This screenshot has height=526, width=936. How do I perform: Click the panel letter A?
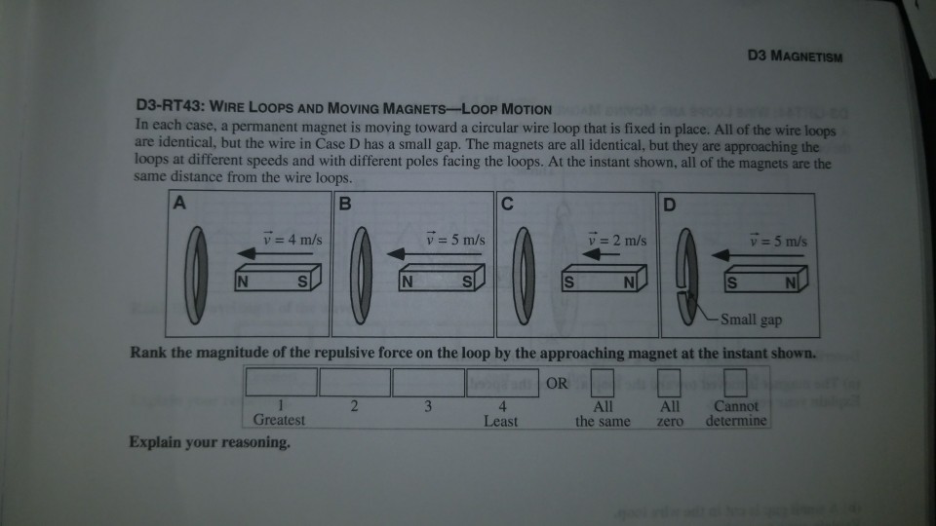tap(179, 203)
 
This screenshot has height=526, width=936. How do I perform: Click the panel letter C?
tap(507, 204)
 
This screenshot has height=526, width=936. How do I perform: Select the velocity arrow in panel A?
tap(275, 253)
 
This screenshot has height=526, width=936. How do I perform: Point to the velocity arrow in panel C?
tap(601, 254)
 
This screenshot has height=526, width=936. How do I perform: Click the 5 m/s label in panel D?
tap(778, 241)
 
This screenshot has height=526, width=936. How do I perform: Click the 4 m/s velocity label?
tap(292, 240)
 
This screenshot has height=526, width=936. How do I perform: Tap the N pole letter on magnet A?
tap(243, 282)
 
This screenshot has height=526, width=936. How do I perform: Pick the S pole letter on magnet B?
tap(467, 282)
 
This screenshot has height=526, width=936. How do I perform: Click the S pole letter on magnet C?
tap(568, 282)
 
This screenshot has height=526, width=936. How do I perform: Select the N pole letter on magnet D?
tap(791, 282)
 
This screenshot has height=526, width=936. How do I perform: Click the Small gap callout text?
tap(751, 319)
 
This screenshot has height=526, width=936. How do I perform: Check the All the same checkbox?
tap(602, 382)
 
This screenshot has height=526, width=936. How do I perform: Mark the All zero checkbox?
tap(669, 382)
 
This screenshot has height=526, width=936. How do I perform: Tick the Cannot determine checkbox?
tap(735, 382)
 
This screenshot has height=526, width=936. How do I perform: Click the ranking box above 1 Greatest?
tap(281, 382)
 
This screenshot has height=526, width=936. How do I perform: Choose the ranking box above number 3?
tap(428, 382)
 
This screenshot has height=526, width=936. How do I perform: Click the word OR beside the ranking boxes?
tap(557, 384)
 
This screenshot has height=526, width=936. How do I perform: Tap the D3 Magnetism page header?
tap(795, 56)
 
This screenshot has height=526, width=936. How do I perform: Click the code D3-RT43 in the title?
tap(170, 106)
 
